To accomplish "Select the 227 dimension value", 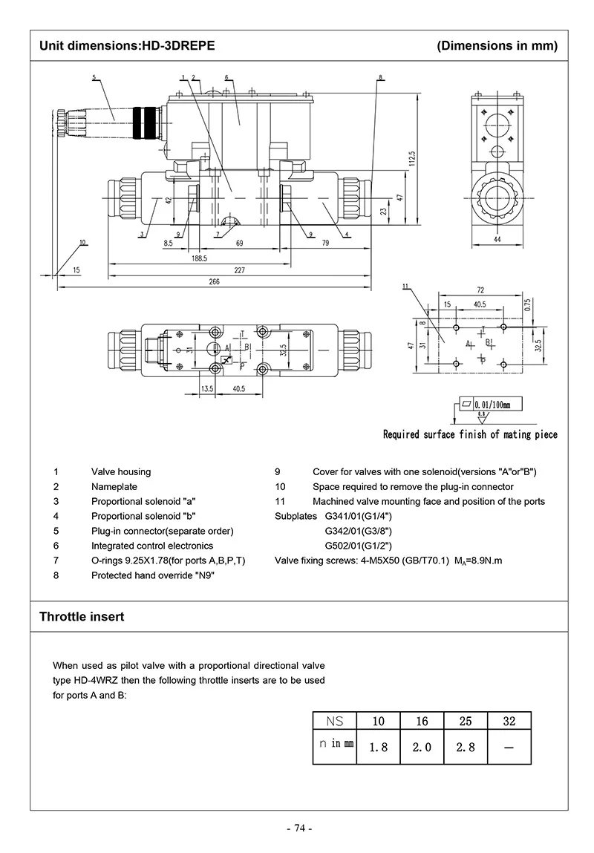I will point(239,270).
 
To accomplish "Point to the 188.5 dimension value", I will point(198,258).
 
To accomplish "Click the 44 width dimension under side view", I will point(497,238).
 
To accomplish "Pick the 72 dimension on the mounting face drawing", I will point(480,290).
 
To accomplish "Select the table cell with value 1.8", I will point(378,747).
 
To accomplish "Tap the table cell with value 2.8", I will point(466,747).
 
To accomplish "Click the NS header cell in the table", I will point(334,721).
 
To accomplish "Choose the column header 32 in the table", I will point(509,721).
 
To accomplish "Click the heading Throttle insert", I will point(82,617).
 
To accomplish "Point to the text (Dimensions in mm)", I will point(497,46).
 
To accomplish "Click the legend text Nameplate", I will point(114,487).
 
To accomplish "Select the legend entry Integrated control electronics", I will point(152,546).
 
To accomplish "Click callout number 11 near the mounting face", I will point(405,287).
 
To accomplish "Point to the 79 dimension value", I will point(325,242).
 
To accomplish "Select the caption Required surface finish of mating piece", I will point(469,434).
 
